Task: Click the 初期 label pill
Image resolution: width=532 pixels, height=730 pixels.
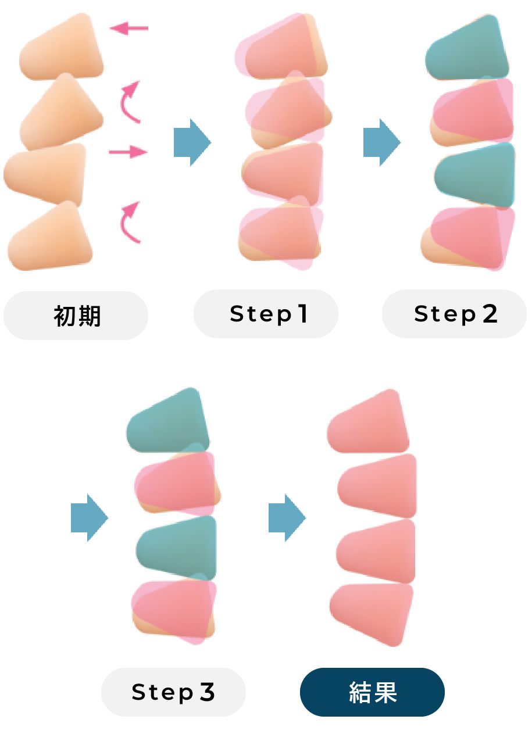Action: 76,316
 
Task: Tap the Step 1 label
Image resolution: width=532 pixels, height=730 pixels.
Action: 266,314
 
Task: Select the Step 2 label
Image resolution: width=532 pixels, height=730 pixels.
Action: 454,314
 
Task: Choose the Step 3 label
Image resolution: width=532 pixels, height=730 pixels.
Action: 173,692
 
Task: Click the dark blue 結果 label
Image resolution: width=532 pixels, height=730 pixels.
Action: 372,692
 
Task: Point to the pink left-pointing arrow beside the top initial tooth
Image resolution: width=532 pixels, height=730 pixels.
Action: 128,27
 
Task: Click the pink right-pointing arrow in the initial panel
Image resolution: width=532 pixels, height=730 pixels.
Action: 128,152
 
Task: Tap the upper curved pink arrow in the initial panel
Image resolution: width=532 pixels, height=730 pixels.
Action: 130,102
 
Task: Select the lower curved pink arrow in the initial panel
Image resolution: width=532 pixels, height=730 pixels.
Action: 130,222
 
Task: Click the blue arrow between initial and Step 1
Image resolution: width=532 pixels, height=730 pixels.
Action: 192,142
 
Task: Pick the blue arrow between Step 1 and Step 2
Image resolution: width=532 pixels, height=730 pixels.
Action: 381,142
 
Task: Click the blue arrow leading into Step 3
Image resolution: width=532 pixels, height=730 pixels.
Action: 89,517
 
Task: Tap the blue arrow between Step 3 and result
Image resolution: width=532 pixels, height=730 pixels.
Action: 287,517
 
